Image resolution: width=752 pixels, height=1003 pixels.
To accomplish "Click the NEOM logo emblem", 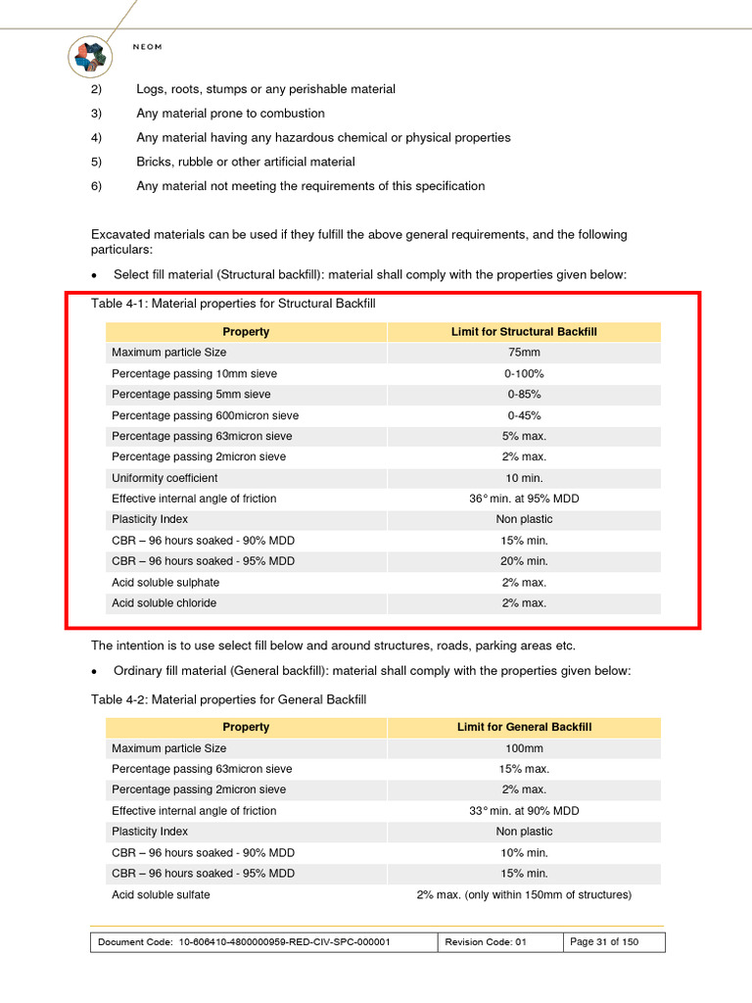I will pyautogui.click(x=93, y=56).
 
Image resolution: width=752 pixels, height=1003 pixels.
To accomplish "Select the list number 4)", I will pyautogui.click(x=97, y=138).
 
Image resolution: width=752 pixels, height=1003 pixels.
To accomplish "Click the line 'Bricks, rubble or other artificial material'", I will pyautogui.click(x=246, y=162).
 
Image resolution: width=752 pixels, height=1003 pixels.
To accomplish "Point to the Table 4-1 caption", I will pyautogui.click(x=233, y=305).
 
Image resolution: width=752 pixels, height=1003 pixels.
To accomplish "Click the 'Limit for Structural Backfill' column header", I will pyautogui.click(x=524, y=332).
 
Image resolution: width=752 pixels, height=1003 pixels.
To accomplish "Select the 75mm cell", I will pyautogui.click(x=524, y=353).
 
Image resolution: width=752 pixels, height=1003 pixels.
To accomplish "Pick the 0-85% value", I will pyautogui.click(x=524, y=395).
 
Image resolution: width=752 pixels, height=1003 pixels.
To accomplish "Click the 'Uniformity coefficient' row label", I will pyautogui.click(x=164, y=478).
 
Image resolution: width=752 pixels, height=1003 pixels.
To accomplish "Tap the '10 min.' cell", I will pyautogui.click(x=524, y=478).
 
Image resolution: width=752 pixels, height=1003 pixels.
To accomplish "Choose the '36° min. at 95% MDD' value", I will pyautogui.click(x=524, y=499).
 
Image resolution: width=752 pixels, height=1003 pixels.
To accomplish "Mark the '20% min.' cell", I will pyautogui.click(x=524, y=561).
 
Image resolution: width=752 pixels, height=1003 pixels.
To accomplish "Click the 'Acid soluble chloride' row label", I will pyautogui.click(x=164, y=603).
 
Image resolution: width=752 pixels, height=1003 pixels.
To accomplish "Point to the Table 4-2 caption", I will pyautogui.click(x=228, y=700).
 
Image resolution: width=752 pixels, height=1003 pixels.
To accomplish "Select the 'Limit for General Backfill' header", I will pyautogui.click(x=524, y=728).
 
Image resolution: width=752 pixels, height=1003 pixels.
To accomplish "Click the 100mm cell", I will pyautogui.click(x=524, y=748).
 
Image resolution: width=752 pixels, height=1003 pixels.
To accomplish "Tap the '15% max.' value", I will pyautogui.click(x=524, y=769).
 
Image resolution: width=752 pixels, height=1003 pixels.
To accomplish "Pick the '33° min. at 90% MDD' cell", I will pyautogui.click(x=524, y=811).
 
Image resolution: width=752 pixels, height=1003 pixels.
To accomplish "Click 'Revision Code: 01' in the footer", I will pyautogui.click(x=486, y=942).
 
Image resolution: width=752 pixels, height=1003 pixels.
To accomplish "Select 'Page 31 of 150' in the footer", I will pyautogui.click(x=604, y=942).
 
